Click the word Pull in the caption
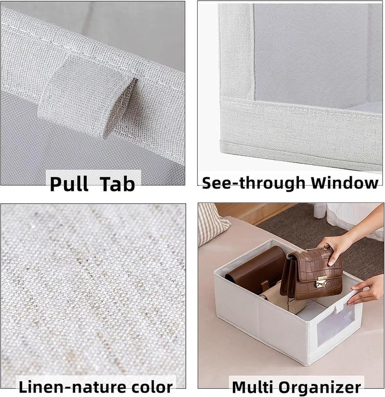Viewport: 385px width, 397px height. pyautogui.click(x=69, y=184)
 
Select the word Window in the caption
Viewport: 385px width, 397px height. pyautogui.click(x=345, y=182)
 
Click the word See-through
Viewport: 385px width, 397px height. pyautogui.click(x=254, y=183)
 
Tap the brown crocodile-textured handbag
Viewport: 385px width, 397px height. pyautogui.click(x=312, y=273)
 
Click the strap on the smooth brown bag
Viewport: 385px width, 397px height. pyautogui.click(x=265, y=286)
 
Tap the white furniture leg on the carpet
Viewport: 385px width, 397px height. pyautogui.click(x=321, y=211)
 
